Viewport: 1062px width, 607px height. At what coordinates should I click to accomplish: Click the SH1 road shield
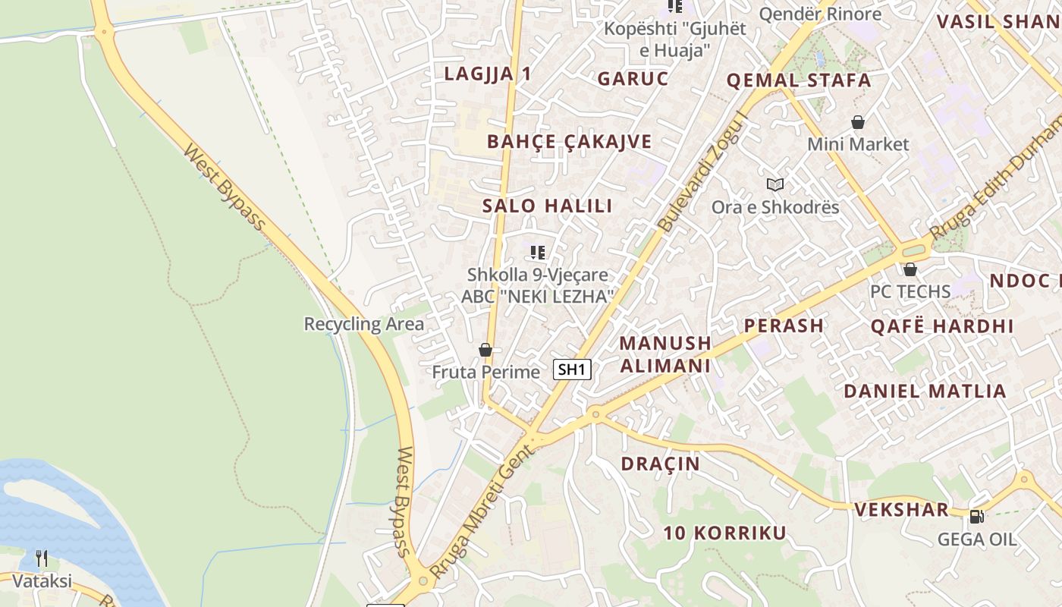coord(572,370)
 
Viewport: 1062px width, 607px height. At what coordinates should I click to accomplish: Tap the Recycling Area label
coord(364,324)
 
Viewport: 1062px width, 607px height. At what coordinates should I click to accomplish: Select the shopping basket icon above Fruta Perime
coord(485,350)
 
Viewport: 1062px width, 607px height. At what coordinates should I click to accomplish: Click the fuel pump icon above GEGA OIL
coord(976,517)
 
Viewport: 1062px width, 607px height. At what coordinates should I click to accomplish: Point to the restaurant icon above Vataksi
coord(42,559)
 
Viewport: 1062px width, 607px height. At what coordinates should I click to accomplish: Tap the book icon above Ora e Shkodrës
coord(775,184)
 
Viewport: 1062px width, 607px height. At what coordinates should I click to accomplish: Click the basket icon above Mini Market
coord(858,121)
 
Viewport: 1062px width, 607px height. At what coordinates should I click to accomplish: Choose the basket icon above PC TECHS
coord(910,269)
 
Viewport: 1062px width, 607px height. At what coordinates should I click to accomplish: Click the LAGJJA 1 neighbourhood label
coord(488,74)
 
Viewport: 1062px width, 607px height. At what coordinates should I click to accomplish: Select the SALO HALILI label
coord(547,206)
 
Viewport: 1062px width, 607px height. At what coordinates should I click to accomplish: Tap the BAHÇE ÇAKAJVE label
coord(569,141)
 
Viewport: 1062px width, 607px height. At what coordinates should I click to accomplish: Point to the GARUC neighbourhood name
coord(633,78)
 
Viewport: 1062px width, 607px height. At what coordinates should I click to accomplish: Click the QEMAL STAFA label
coord(799,80)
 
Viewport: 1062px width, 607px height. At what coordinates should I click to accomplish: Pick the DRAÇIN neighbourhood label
coord(660,464)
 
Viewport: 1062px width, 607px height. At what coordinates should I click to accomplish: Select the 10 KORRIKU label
coord(725,533)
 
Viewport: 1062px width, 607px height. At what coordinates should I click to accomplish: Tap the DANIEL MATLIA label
coord(925,392)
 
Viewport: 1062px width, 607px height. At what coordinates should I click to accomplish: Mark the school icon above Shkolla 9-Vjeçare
coord(538,252)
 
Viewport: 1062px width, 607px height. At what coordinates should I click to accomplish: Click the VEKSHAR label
coord(901,509)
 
